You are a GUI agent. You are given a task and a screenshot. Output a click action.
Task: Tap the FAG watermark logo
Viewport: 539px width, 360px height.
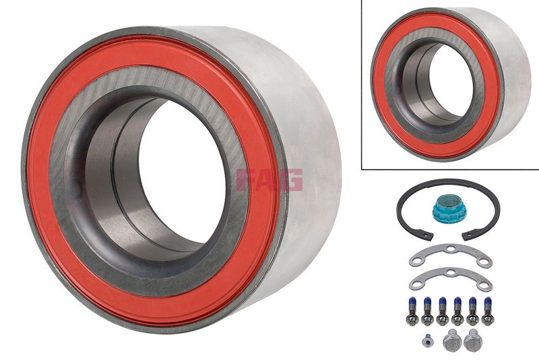269,180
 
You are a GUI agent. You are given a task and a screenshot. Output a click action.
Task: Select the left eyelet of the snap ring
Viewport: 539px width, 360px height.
429,236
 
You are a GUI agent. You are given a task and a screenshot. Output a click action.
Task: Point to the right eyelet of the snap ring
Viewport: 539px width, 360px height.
467,236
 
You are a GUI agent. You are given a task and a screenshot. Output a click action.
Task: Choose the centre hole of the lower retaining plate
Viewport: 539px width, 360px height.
450,272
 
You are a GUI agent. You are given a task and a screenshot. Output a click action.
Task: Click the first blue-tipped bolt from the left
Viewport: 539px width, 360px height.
412,311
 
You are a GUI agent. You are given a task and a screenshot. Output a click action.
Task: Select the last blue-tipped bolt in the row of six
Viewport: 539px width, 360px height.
488,311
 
